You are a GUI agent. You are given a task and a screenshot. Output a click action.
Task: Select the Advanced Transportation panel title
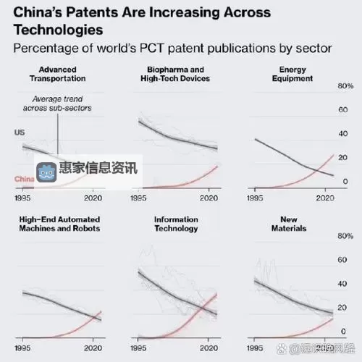(57, 74)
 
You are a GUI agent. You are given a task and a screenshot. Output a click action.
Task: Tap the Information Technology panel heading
(176, 224)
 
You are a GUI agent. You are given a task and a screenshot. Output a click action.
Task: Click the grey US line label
(20, 132)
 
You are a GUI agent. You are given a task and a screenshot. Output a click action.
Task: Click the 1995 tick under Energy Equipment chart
(256, 197)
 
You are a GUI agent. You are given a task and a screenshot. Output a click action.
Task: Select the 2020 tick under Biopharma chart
(209, 197)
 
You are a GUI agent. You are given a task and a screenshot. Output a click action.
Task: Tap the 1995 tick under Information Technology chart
(139, 346)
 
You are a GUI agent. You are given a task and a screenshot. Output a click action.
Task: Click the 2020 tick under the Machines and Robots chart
(93, 346)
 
